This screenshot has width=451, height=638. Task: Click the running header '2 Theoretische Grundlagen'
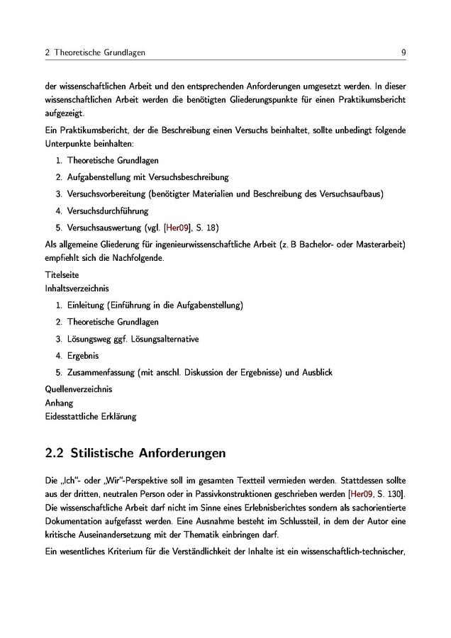[x=95, y=53]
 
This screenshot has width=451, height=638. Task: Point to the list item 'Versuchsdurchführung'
[x=108, y=211]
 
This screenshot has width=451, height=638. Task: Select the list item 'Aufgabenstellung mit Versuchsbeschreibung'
[x=147, y=177]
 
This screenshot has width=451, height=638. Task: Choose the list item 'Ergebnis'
[x=83, y=355]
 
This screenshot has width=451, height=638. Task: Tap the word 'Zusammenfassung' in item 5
[x=101, y=372]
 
